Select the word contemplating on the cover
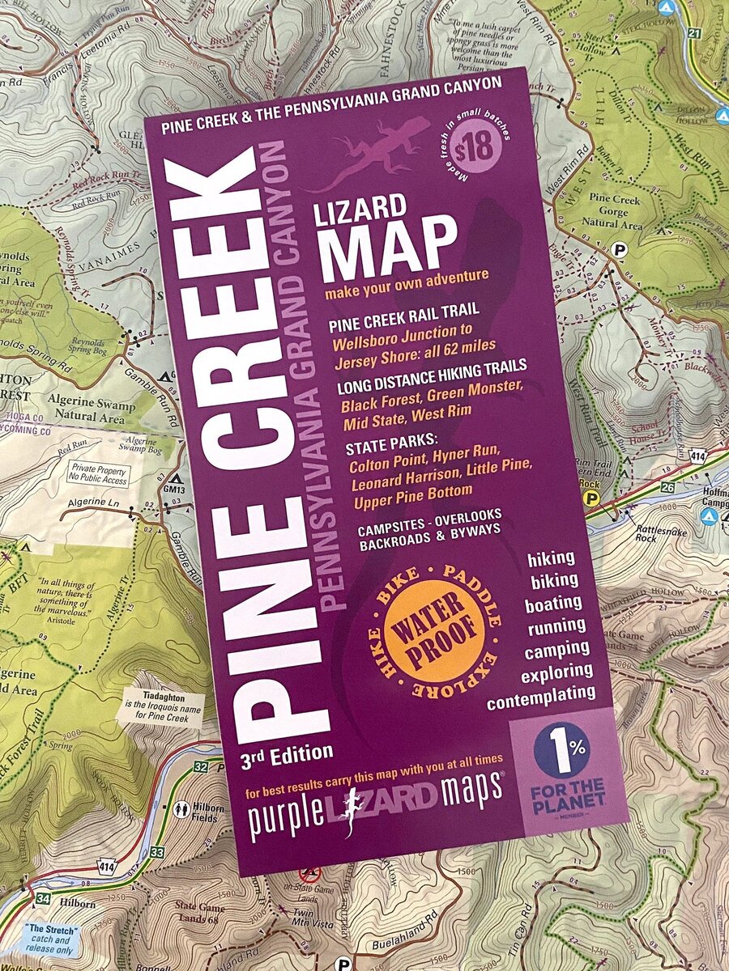541,695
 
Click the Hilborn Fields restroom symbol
181,808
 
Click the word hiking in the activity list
550,558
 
